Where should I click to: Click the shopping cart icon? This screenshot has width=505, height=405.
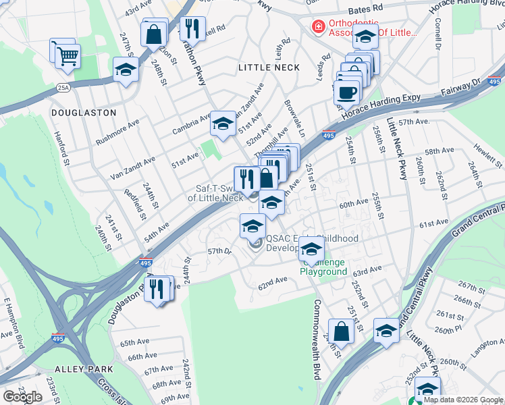tap(68, 55)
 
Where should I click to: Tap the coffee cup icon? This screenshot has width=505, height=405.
tap(347, 92)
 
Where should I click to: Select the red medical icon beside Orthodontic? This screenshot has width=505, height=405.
tap(317, 26)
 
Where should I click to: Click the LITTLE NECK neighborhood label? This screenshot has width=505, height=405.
tap(269, 67)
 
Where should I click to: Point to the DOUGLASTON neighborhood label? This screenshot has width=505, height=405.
tap(84, 113)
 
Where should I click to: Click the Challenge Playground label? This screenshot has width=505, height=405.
tap(323, 267)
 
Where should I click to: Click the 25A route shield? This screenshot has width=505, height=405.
tap(63, 87)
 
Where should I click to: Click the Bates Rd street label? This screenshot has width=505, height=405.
tap(366, 11)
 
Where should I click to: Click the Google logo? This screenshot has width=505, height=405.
tap(23, 397)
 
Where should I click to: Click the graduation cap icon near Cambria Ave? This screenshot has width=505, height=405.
tap(223, 123)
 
